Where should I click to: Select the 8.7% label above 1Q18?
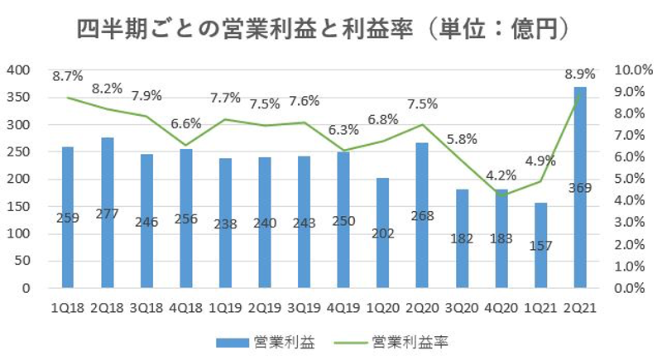pos(68,76)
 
